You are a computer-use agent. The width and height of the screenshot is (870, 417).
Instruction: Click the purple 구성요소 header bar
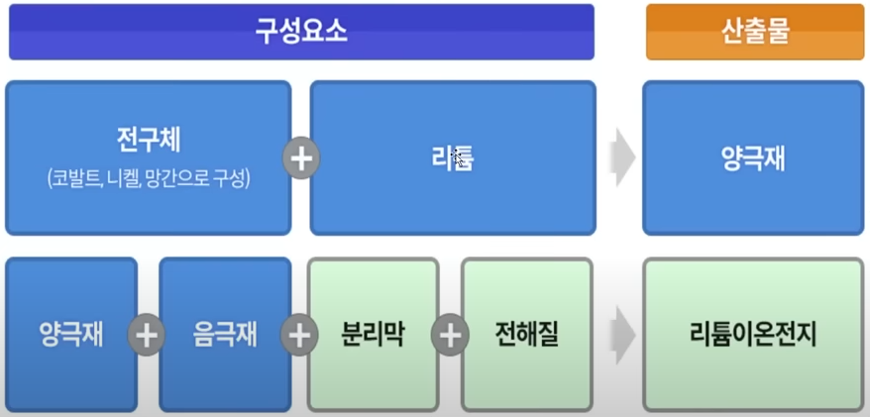[x=301, y=32]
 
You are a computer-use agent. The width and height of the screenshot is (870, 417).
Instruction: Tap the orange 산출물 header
[x=755, y=32]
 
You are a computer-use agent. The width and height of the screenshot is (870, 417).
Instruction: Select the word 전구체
[x=148, y=140]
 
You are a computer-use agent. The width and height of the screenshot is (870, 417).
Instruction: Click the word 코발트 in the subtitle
[x=76, y=180]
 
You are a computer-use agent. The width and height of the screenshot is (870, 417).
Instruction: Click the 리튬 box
[x=453, y=158]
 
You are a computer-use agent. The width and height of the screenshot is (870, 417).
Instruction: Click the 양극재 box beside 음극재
[x=71, y=335]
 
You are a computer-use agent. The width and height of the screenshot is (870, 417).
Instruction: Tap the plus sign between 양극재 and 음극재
[x=148, y=335]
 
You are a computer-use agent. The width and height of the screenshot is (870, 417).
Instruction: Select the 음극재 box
[x=225, y=335]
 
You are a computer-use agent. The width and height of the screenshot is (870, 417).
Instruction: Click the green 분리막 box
[x=373, y=335]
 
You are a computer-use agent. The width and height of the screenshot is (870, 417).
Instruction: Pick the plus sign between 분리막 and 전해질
[x=450, y=335]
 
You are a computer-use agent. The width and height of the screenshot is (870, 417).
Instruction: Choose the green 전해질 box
[x=526, y=335]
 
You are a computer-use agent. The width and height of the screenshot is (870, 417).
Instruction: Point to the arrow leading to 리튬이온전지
[x=621, y=335]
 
